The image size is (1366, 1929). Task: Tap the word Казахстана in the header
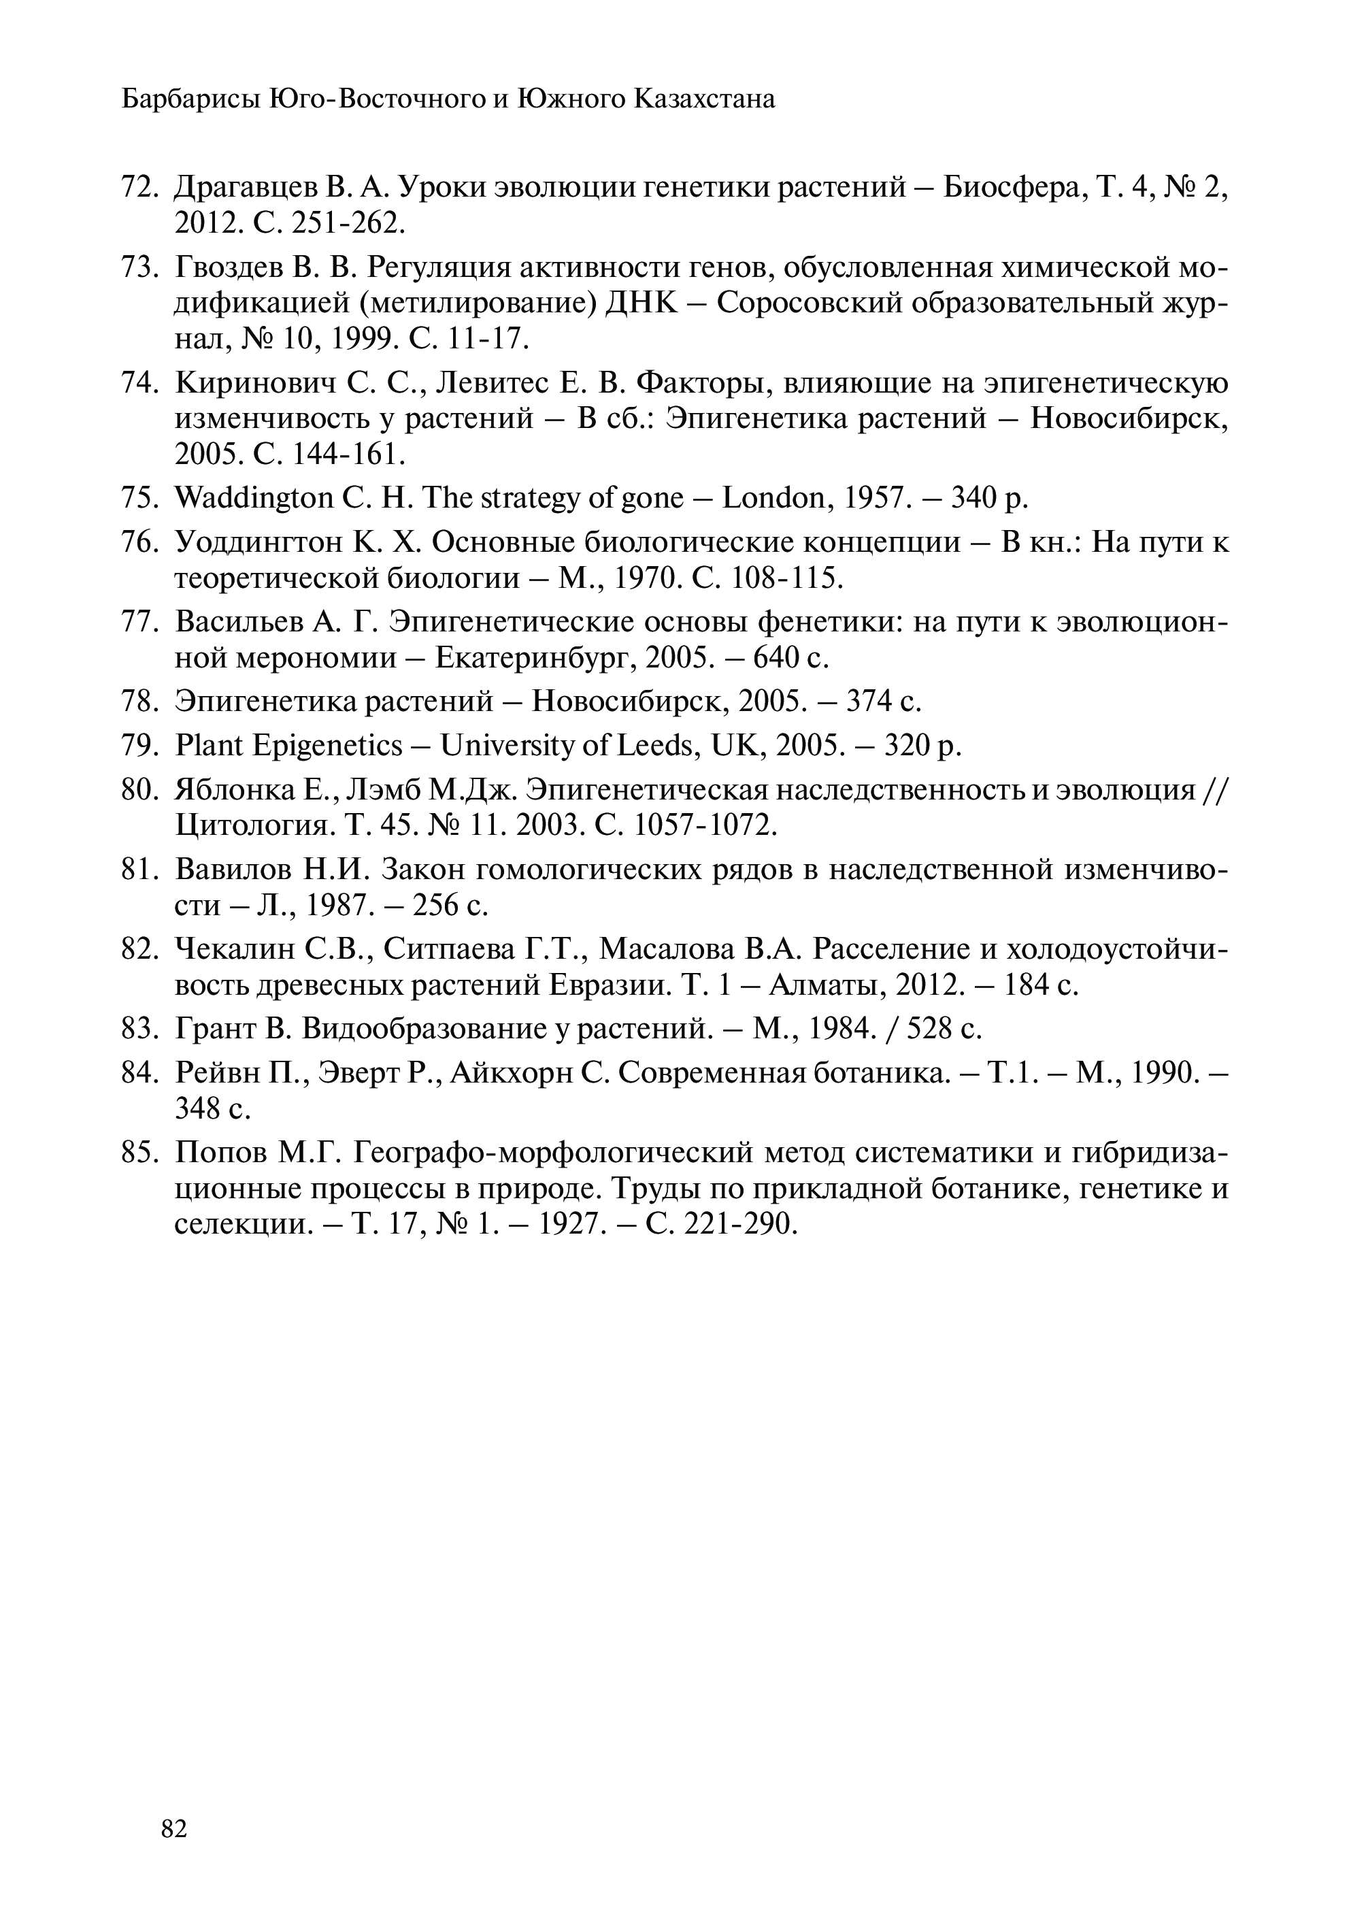coord(705,100)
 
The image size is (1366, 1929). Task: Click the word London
coord(773,499)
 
